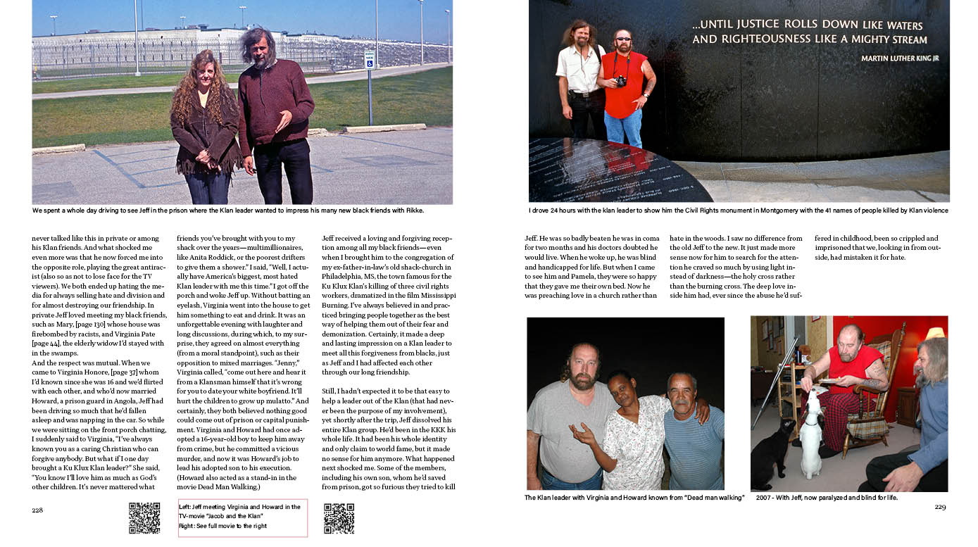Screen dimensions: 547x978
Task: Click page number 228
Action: pos(37,510)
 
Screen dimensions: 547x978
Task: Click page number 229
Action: pos(940,507)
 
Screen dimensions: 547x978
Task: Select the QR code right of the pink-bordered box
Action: pos(339,518)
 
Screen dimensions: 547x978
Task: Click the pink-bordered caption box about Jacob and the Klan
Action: pos(243,517)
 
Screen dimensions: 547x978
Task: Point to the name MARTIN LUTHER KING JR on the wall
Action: pos(899,58)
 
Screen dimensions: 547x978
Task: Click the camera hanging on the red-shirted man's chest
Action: pos(621,81)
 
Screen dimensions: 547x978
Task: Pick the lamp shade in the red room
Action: pos(935,332)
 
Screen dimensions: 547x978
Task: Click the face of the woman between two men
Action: pos(619,389)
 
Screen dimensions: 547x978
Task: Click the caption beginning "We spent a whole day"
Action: pos(228,210)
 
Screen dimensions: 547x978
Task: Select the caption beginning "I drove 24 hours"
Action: pos(738,210)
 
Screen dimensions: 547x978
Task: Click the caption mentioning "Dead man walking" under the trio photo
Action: pos(634,498)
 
